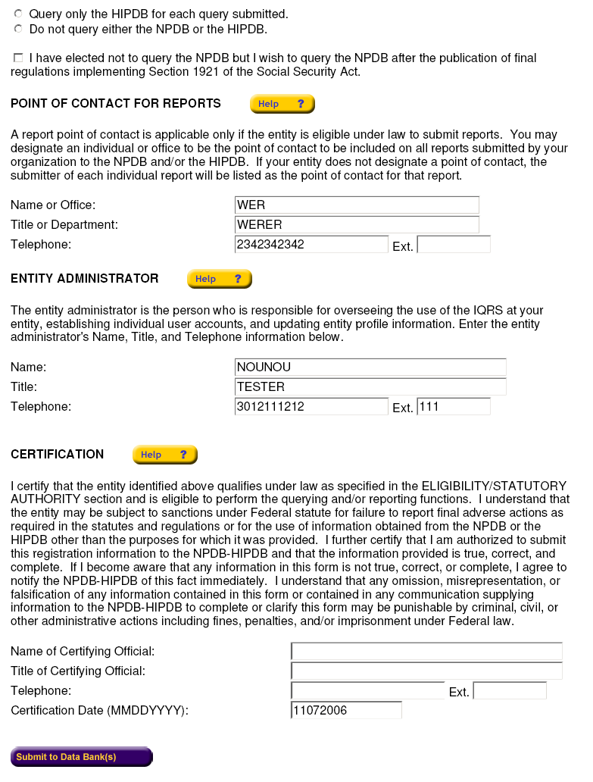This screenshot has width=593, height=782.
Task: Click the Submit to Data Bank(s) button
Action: tap(81, 757)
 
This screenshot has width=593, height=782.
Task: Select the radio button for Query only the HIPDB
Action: tap(18, 14)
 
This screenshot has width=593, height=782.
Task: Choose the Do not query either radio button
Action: tap(18, 30)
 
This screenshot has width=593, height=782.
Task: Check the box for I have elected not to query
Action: tap(18, 58)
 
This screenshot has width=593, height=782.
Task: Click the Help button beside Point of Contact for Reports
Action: tap(282, 104)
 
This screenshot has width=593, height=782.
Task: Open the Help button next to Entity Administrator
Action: tap(219, 279)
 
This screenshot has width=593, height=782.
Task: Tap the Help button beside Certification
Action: tap(164, 455)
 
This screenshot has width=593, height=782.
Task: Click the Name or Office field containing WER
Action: tap(357, 205)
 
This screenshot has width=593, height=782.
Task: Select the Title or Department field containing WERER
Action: tap(357, 224)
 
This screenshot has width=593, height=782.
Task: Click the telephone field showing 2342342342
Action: tap(311, 244)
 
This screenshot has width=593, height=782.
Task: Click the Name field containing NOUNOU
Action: tap(370, 367)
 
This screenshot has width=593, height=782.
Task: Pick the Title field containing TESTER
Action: tap(370, 386)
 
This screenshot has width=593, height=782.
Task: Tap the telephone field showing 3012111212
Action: tap(311, 406)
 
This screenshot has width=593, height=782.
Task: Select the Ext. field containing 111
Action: tap(453, 406)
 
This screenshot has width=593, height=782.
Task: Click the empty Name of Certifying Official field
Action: tap(426, 651)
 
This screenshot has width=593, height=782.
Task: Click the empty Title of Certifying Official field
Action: tap(426, 671)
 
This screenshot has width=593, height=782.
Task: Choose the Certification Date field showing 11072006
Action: tap(346, 710)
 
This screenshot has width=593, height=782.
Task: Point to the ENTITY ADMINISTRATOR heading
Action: tap(85, 279)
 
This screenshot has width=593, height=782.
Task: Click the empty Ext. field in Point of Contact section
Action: tap(453, 244)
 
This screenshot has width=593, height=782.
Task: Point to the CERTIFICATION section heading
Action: tap(58, 455)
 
